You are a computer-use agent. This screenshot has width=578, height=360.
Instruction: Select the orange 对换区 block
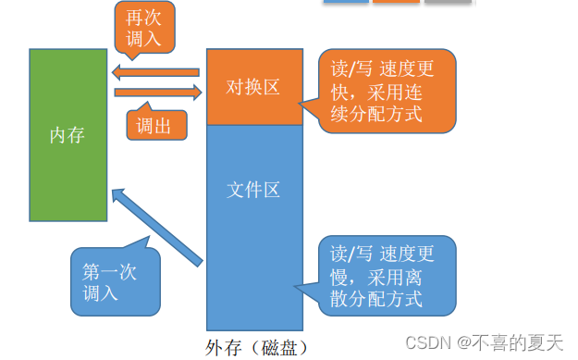pyautogui.click(x=254, y=87)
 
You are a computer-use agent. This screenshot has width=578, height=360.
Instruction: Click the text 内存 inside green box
pyautogui.click(x=67, y=135)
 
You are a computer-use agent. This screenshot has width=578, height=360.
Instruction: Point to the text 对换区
pyautogui.click(x=252, y=87)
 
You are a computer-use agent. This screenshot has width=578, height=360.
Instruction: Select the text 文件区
pyautogui.click(x=252, y=191)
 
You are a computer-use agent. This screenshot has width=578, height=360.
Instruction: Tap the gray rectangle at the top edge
pyautogui.click(x=449, y=3)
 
